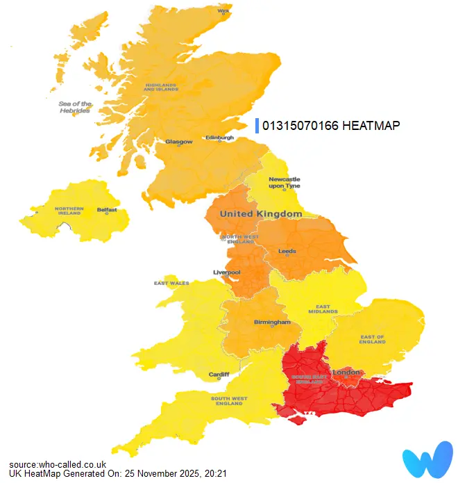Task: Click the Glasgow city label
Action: click(178, 142)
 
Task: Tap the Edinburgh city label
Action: click(219, 138)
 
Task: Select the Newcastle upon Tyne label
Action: click(285, 183)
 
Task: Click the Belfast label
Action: click(107, 209)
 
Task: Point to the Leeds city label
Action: click(287, 251)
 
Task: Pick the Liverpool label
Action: click(226, 272)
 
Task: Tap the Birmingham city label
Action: click(272, 322)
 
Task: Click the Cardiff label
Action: click(219, 375)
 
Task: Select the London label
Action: click(347, 373)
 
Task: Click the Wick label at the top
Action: click(223, 11)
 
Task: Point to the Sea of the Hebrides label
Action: click(75, 107)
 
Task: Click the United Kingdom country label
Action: click(261, 214)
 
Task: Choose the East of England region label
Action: click(372, 339)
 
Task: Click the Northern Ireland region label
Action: click(69, 211)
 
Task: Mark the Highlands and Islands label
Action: click(162, 87)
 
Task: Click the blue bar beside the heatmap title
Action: click(257, 126)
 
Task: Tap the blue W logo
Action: click(427, 459)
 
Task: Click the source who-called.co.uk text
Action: click(58, 464)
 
